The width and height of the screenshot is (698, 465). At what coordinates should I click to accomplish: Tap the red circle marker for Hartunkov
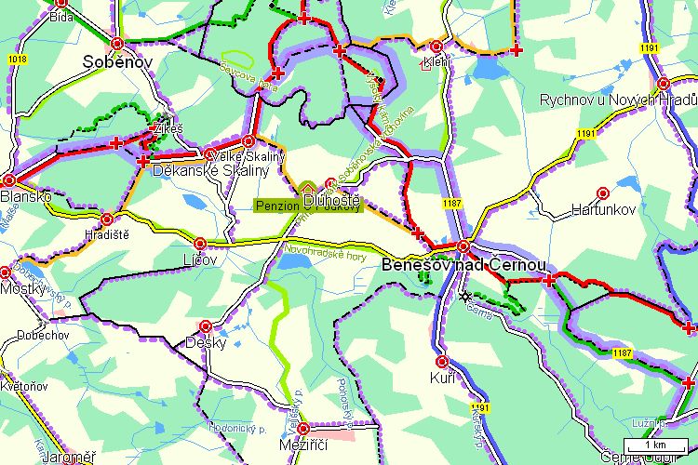pos(602,193)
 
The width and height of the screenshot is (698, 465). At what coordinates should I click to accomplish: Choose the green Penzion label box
pos(280,205)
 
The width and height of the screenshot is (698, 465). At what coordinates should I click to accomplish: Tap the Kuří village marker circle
pos(442,361)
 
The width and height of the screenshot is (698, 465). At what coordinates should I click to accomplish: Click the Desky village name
pos(207,343)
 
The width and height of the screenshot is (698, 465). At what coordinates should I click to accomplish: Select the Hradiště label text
pos(107,233)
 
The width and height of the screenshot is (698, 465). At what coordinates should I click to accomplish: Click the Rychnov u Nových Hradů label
pos(618,100)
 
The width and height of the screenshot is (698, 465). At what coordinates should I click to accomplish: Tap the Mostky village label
pos(22,289)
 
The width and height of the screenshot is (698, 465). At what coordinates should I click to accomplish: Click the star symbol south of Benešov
pos(464,297)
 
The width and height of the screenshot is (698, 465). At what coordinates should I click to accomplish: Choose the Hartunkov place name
pos(603,210)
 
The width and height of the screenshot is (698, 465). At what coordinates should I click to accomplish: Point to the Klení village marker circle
pos(436,46)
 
